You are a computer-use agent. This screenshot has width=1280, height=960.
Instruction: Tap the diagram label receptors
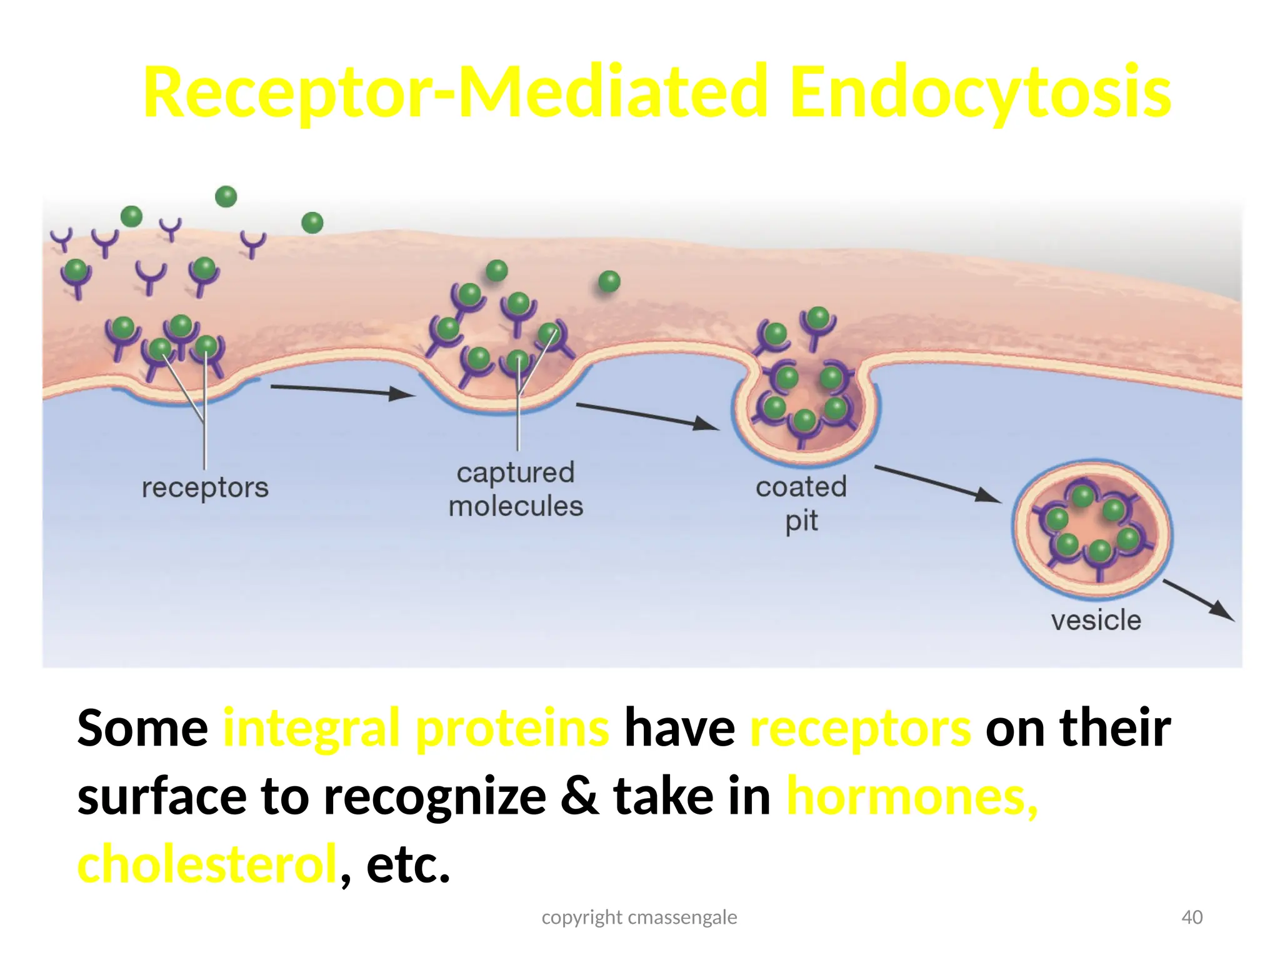(205, 487)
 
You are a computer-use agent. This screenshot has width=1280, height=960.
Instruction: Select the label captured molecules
(516, 489)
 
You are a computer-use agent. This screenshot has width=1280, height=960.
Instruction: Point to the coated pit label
(801, 503)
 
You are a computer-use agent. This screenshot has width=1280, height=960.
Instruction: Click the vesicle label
(1096, 621)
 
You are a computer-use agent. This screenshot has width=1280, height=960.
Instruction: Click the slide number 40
(1192, 917)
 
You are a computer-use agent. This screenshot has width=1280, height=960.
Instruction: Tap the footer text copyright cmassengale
(639, 917)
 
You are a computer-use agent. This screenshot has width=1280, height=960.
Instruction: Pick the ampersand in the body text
(579, 796)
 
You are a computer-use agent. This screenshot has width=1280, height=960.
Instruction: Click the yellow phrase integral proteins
(416, 728)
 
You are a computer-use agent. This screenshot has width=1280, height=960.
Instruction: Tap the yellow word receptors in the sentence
(860, 728)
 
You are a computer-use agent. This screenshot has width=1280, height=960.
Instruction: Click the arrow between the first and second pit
(342, 391)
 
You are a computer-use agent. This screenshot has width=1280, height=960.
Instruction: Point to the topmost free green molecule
(226, 196)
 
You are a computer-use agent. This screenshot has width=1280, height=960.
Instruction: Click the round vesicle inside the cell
(1092, 529)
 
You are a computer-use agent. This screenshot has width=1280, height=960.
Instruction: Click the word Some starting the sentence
(142, 728)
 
